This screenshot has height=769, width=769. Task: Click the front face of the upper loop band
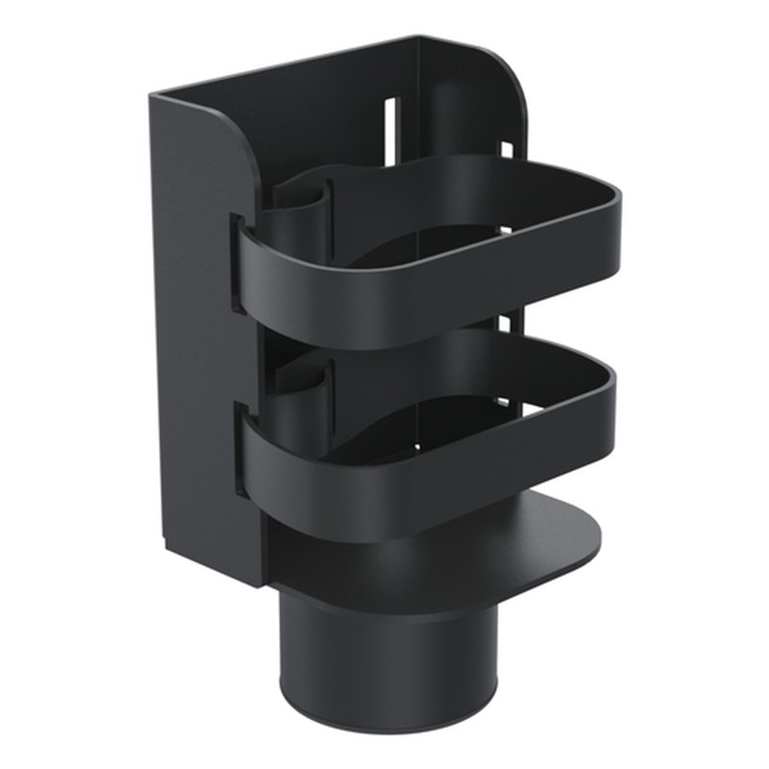pyautogui.click(x=384, y=288)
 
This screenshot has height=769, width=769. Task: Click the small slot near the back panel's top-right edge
pyautogui.click(x=505, y=152)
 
